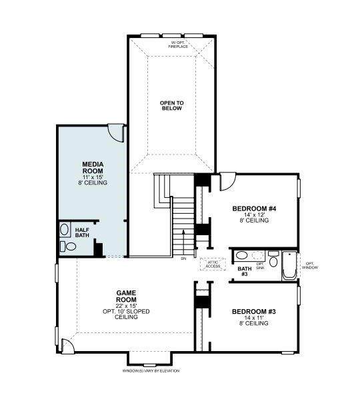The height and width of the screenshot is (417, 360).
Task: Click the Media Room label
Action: coord(93,168)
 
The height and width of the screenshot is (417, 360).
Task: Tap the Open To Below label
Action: coord(171,105)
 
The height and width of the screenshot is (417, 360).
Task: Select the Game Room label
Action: coord(126,296)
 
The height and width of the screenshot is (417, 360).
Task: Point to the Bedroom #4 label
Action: coord(254,209)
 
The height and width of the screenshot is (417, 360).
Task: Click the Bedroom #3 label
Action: coord(253,312)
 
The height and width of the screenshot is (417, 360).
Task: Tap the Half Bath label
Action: coord(82,232)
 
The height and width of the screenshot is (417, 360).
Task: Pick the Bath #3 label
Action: coord(245,271)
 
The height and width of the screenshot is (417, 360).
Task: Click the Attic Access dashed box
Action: coord(213,264)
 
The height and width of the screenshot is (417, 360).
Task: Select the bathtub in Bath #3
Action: coord(289,265)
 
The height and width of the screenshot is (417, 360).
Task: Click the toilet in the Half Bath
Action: coord(68,246)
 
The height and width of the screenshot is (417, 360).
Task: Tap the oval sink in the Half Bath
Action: coord(64,229)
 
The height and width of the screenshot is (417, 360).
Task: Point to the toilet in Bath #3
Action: coord(273,258)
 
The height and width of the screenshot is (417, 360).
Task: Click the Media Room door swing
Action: coord(117,133)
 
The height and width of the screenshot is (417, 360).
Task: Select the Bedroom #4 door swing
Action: coord(227,182)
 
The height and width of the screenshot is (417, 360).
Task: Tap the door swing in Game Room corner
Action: coord(67,346)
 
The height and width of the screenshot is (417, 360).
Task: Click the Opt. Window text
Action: coord(310,265)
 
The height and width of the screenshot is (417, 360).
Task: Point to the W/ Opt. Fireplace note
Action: coord(178,45)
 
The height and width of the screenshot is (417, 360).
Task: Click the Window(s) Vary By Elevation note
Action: coord(151,371)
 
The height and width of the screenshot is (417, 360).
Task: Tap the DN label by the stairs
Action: coord(183,258)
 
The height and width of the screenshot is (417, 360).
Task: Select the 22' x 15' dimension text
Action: coord(127,306)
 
